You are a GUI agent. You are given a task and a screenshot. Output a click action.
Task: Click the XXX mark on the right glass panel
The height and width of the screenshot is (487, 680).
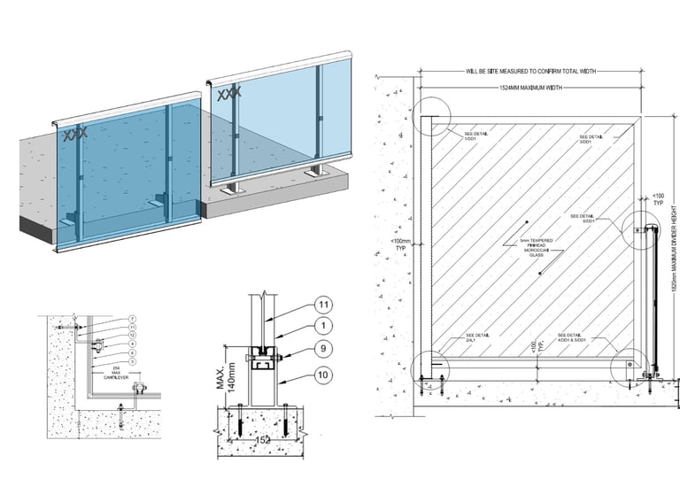(229, 92)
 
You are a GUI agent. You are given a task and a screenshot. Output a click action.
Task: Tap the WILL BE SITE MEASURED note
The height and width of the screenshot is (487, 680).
(529, 70)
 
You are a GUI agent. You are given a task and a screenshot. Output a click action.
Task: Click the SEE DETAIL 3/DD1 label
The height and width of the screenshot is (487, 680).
(591, 139)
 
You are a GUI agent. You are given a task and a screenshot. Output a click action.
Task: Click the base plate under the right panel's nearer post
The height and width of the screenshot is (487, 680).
(236, 187)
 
